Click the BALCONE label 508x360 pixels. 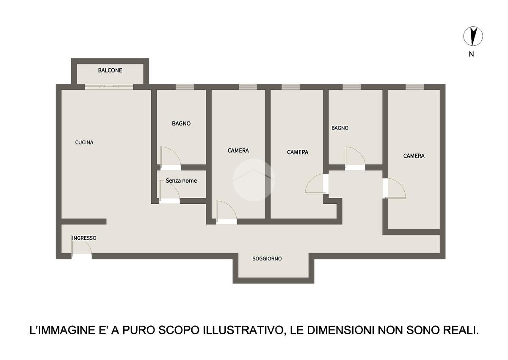(x=110, y=70)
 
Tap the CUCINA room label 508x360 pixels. (x=84, y=142)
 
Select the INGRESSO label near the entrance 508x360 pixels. (x=84, y=238)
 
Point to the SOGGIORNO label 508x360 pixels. (x=267, y=258)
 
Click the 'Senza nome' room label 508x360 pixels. (x=181, y=180)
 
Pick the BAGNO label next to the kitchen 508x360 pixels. (x=181, y=123)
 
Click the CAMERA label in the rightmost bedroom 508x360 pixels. (x=414, y=155)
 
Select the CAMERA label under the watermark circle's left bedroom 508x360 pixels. (x=238, y=150)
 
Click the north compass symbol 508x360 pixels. (x=473, y=36)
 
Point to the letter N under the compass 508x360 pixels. (x=471, y=54)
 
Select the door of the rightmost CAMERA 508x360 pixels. (x=394, y=188)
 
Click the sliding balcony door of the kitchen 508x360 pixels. (x=109, y=87)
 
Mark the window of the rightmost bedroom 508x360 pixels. (x=415, y=87)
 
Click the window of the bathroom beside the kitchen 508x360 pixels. (x=185, y=87)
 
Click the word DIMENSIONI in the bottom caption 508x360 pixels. (x=340, y=330)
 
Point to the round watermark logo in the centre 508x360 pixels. (x=254, y=180)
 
